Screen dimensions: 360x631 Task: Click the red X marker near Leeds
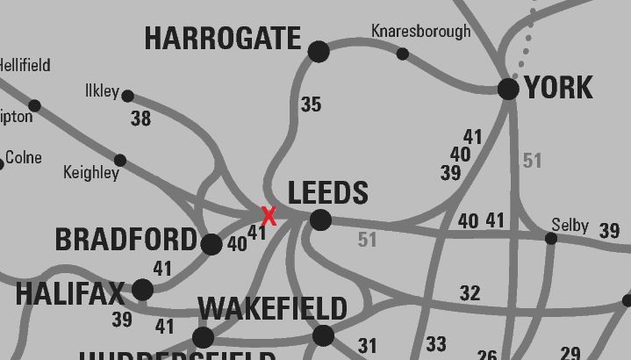click(x=269, y=216)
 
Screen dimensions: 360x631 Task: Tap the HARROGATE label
click(x=222, y=39)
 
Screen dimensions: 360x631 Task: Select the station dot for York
click(x=508, y=88)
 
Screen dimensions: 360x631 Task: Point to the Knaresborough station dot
click(x=402, y=54)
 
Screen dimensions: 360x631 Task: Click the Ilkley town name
click(x=102, y=91)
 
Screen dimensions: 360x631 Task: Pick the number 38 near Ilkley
click(x=140, y=119)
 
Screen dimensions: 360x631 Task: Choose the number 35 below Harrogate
click(x=311, y=104)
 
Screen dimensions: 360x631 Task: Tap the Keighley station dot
click(x=120, y=160)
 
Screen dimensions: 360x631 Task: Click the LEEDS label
click(x=327, y=192)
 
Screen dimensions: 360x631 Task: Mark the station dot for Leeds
click(x=321, y=220)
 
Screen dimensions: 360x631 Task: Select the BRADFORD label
click(x=126, y=240)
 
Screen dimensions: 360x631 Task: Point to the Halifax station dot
click(x=143, y=290)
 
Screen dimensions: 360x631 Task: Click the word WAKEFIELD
click(x=272, y=309)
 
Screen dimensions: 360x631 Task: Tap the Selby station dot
click(x=551, y=239)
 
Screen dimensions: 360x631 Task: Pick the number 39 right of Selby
click(x=609, y=231)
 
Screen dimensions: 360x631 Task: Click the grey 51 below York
click(x=532, y=161)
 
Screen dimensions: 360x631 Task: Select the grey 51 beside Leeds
click(x=367, y=239)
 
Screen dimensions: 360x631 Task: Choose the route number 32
click(x=470, y=293)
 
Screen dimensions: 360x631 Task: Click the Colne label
click(x=24, y=158)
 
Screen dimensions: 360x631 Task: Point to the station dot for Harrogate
click(x=319, y=52)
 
